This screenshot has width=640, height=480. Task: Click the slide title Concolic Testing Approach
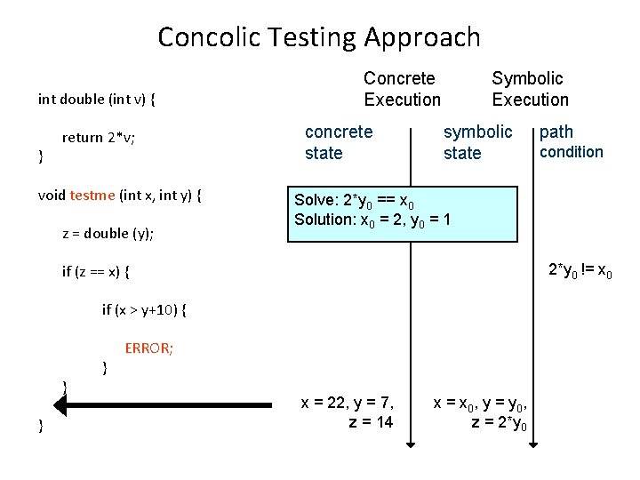click(x=319, y=37)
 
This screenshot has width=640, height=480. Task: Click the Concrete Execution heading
click(x=402, y=89)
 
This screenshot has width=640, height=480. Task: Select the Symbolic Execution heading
click(x=530, y=89)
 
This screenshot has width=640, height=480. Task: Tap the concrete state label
click(x=339, y=142)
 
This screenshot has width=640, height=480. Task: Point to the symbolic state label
click(x=477, y=142)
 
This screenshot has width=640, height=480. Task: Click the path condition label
click(x=570, y=142)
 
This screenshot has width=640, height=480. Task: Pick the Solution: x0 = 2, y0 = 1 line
click(x=373, y=219)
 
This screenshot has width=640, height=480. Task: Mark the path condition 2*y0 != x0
click(x=580, y=270)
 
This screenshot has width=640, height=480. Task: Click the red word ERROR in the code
click(x=148, y=348)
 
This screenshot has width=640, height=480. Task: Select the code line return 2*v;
click(x=98, y=138)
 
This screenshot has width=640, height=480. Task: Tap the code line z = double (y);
click(x=108, y=234)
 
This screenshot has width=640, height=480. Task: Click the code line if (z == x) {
click(x=101, y=271)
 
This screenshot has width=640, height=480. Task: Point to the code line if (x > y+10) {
click(x=144, y=309)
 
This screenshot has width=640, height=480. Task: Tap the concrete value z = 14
click(x=371, y=421)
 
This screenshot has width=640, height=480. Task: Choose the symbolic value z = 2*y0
click(x=500, y=422)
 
